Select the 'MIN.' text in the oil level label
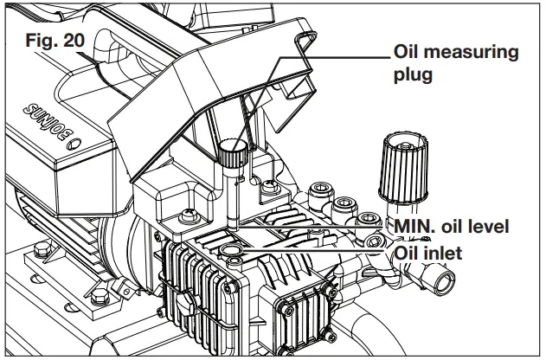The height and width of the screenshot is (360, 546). [x=415, y=227]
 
